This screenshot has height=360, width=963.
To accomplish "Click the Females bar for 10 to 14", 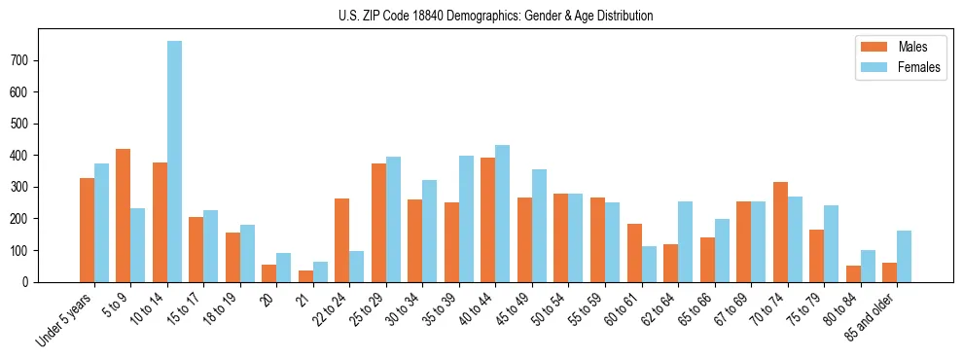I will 174,162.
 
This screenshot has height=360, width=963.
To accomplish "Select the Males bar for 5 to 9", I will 124,215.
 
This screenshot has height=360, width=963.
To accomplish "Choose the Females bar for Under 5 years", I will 101,223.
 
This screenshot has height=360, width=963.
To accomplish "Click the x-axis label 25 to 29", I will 369,308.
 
